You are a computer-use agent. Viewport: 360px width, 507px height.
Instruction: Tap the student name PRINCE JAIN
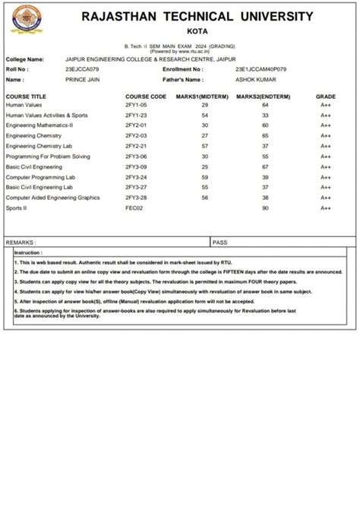point(84,79)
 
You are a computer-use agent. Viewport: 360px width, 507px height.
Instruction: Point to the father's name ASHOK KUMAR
point(256,79)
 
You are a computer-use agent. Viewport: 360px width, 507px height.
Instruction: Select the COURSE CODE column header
point(146,97)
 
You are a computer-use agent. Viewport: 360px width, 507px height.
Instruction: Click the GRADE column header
point(326,97)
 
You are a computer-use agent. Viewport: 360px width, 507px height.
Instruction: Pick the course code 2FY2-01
point(136,125)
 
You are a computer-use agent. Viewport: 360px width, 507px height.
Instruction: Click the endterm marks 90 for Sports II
point(265,208)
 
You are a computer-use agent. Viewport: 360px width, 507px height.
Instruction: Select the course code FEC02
point(134,208)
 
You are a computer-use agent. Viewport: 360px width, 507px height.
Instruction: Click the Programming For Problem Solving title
point(48,156)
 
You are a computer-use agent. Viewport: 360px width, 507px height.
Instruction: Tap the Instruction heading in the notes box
point(28,252)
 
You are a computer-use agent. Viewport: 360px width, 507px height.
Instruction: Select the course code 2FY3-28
point(136,197)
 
